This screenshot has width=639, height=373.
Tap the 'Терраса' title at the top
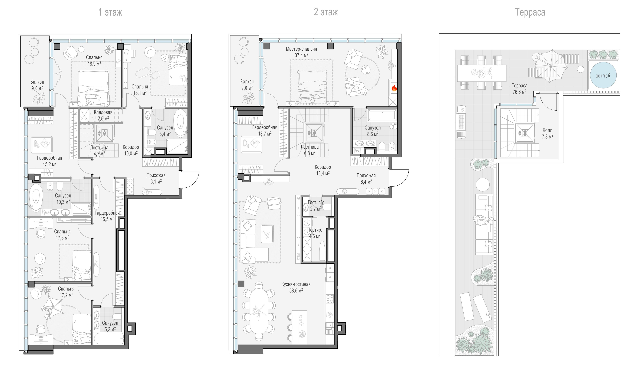pyautogui.click(x=530, y=12)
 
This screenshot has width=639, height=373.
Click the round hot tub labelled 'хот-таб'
pyautogui.click(x=603, y=75)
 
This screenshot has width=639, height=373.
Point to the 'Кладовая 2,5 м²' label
pyautogui.click(x=103, y=115)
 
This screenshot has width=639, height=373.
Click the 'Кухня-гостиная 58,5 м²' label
pyautogui.click(x=296, y=287)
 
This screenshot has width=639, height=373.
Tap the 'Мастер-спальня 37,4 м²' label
pyautogui.click(x=301, y=52)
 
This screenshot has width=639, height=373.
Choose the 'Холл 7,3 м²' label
pyautogui.click(x=547, y=133)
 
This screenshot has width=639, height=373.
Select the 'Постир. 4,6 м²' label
pyautogui.click(x=314, y=233)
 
